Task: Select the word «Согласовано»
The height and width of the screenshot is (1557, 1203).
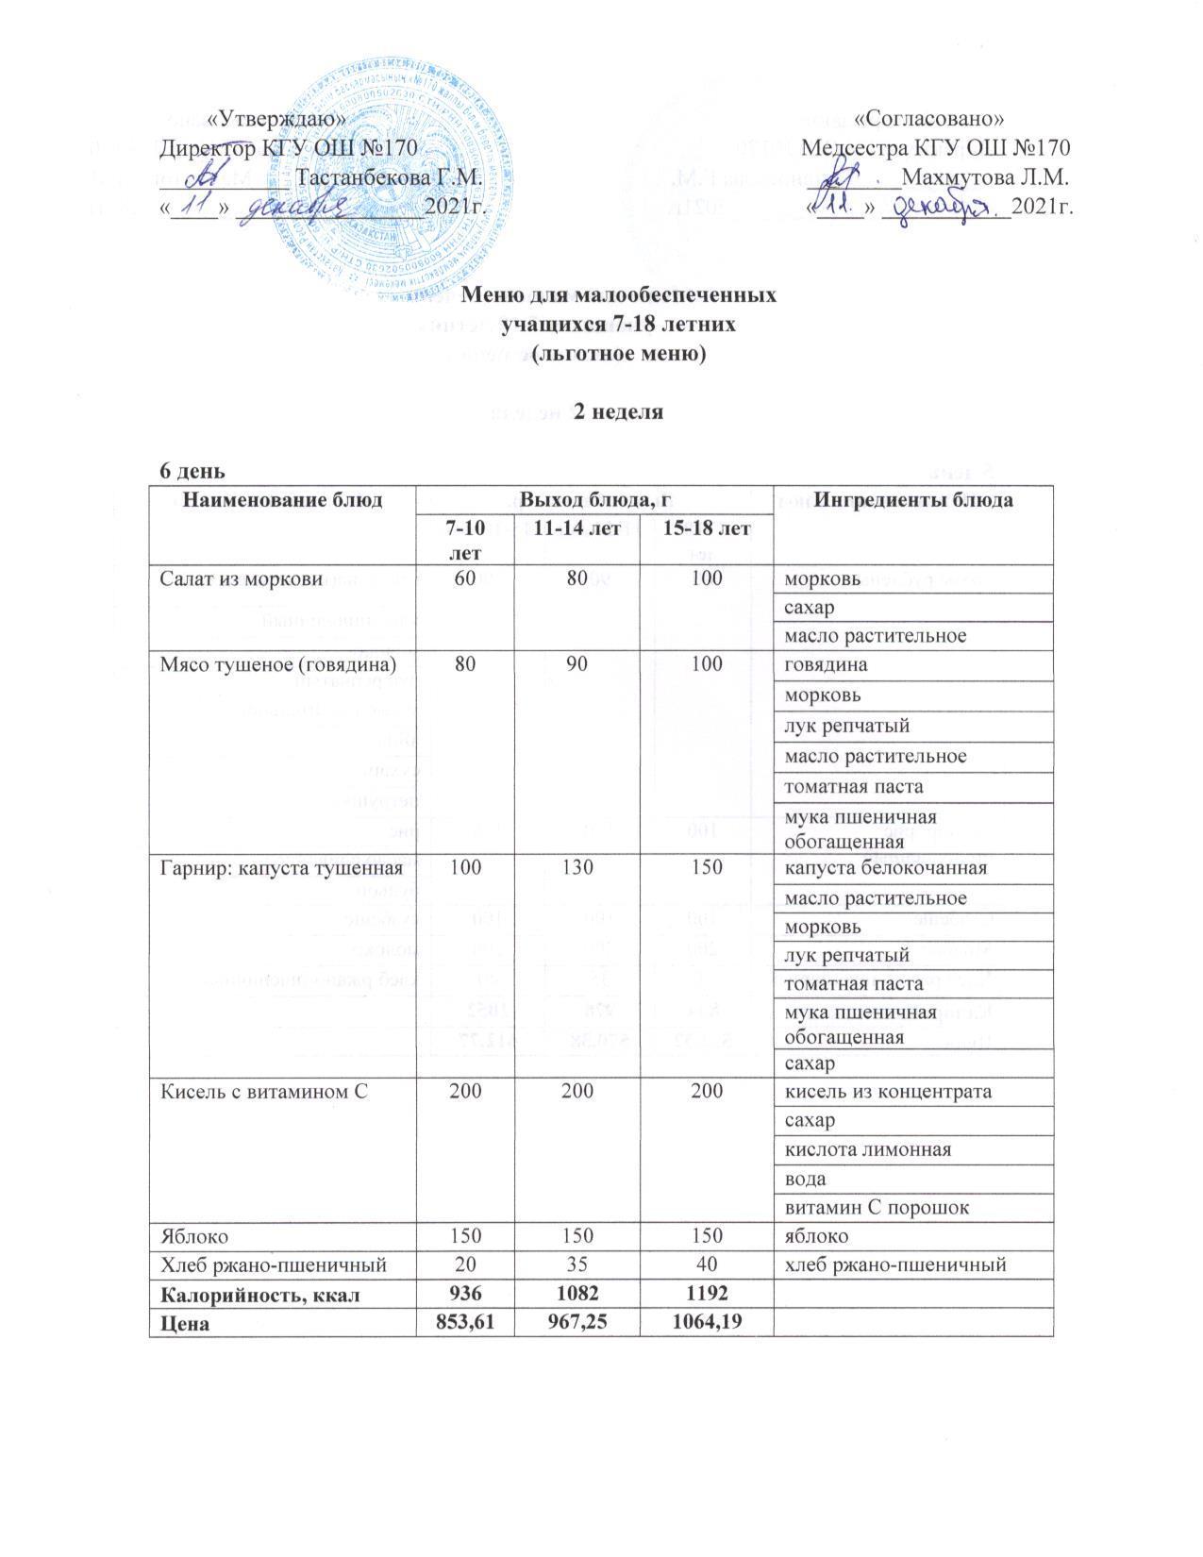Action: click(928, 119)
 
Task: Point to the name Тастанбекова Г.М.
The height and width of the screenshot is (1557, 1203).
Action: click(391, 177)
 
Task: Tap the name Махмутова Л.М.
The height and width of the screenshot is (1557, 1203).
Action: click(985, 177)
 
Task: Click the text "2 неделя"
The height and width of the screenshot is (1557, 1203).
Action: click(620, 412)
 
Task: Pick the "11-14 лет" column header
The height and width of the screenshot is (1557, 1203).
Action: click(577, 529)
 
